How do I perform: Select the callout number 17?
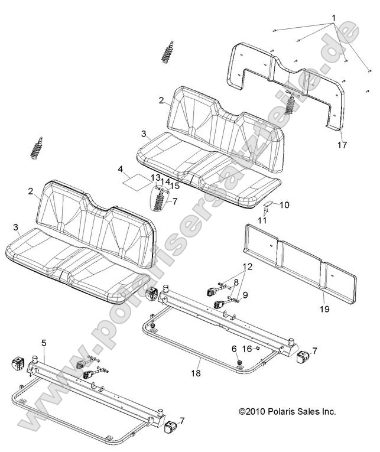coord(342,145)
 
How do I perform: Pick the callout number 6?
coord(234,349)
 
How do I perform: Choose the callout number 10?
coord(284,205)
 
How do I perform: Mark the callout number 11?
coord(262,220)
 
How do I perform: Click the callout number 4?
coord(121,169)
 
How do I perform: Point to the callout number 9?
coord(245,294)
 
